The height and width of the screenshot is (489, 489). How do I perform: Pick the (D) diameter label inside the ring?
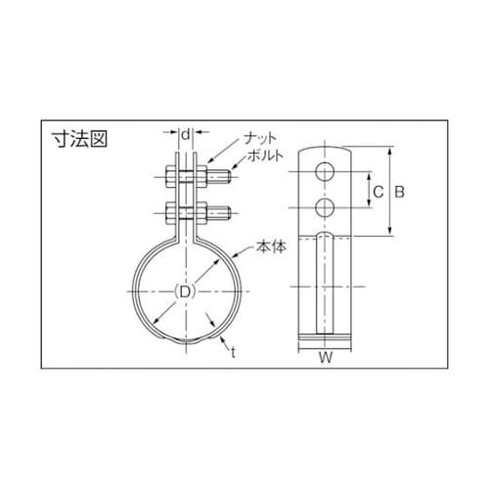tap(182, 291)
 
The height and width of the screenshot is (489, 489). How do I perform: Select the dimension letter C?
tap(377, 193)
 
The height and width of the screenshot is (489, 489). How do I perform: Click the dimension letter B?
tap(398, 193)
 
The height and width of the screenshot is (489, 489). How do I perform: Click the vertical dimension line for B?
tap(389, 193)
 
